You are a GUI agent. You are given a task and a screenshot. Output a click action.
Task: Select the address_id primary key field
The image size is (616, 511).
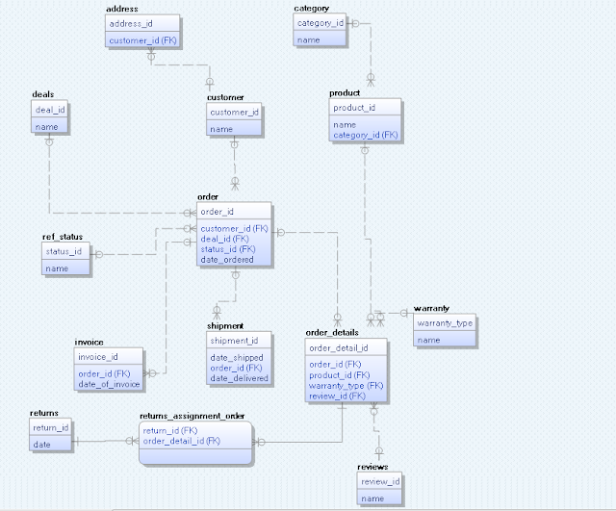[x=131, y=22]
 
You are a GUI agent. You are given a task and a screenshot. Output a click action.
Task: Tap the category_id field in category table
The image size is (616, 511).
[x=321, y=22]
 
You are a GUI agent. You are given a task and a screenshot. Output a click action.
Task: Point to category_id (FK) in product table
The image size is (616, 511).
[x=365, y=136]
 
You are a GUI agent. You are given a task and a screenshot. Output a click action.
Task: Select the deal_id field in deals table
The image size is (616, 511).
[x=51, y=110]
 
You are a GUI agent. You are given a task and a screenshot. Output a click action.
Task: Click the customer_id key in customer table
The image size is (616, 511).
[x=234, y=112]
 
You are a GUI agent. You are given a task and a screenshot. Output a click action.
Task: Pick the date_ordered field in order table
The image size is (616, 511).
[x=227, y=260]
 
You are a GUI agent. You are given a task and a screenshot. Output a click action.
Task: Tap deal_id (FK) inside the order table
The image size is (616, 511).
[x=224, y=239]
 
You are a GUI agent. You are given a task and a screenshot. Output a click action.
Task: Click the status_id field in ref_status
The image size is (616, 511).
[x=64, y=250]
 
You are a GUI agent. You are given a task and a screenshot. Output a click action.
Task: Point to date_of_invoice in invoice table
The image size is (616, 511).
[x=108, y=385]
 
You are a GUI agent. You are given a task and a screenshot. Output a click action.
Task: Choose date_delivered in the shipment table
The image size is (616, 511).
[x=238, y=377]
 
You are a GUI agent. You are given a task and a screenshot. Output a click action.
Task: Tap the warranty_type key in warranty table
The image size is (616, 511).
[x=445, y=322]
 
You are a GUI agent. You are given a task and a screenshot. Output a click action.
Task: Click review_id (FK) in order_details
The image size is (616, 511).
[x=337, y=396]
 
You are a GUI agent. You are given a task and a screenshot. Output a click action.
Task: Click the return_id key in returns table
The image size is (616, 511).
[x=50, y=427]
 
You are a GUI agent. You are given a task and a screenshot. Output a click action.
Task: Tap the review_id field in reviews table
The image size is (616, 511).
[x=379, y=481]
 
